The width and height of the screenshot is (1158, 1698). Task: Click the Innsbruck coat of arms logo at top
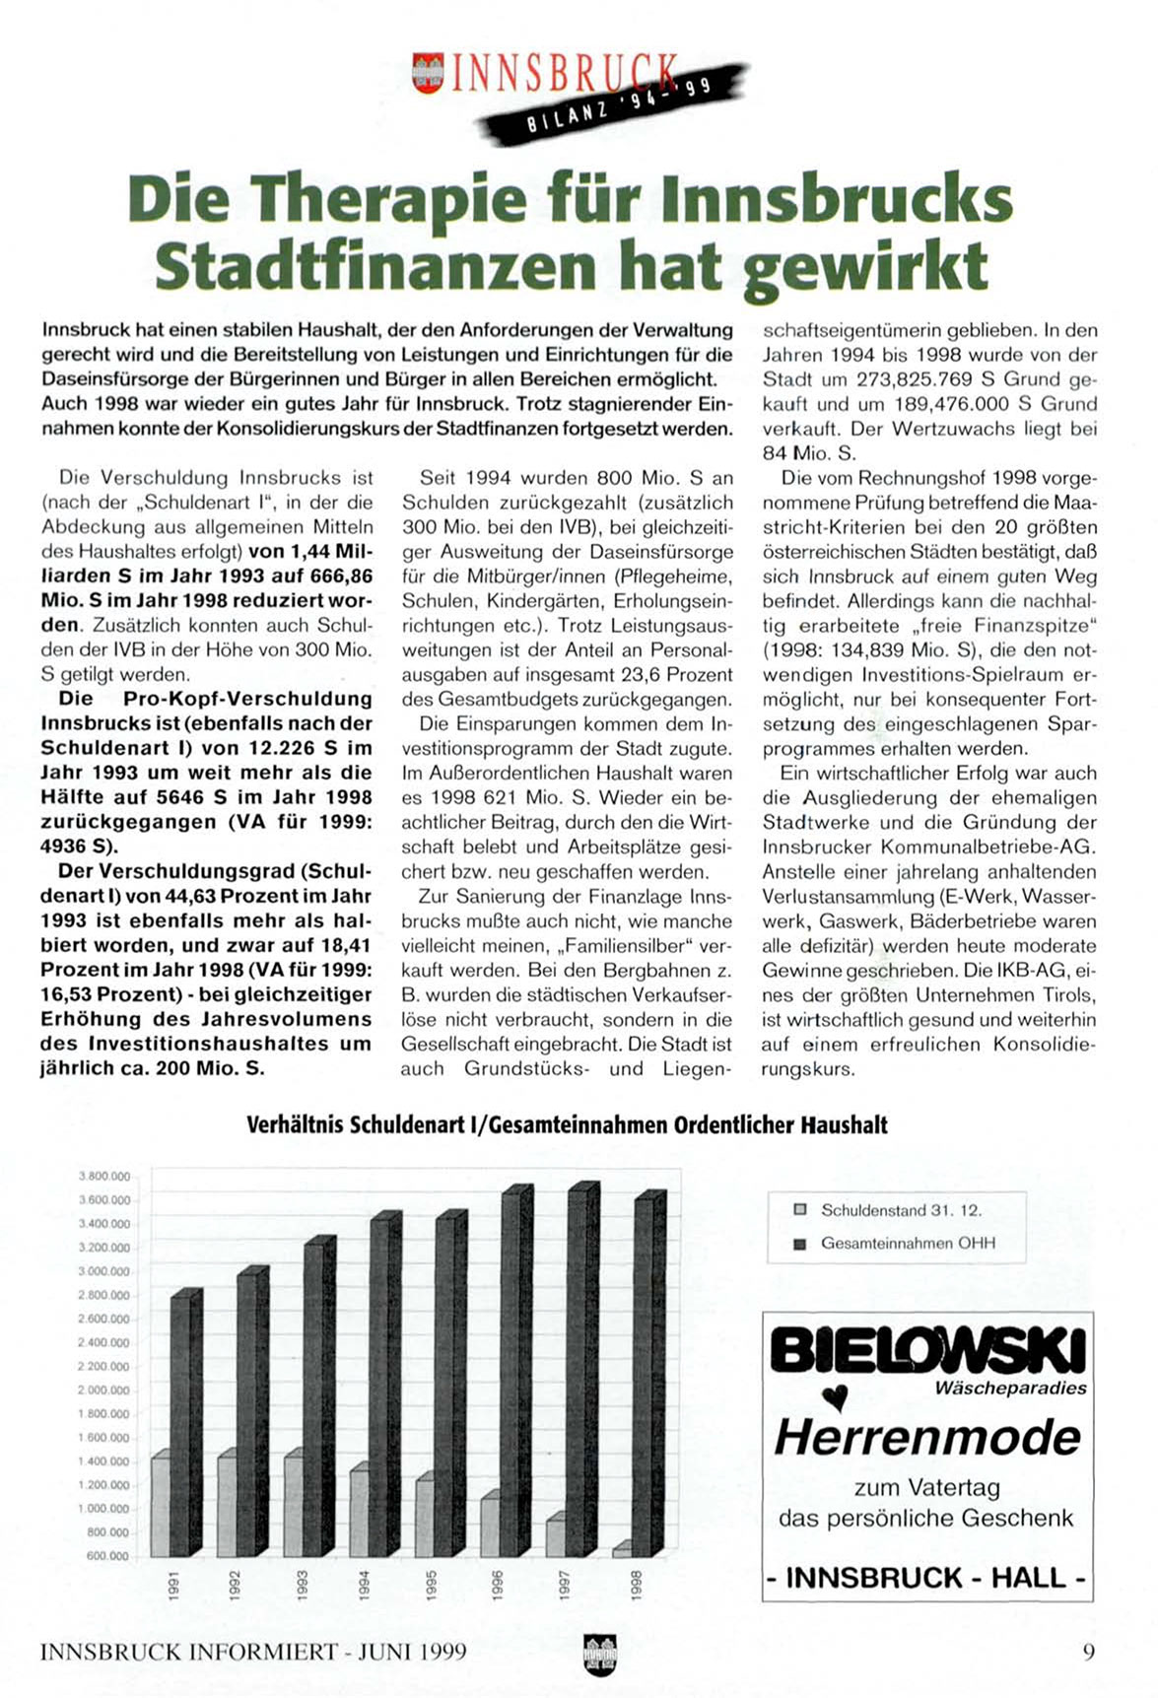[428, 74]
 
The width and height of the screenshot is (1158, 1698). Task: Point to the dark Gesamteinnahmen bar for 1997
[582, 1370]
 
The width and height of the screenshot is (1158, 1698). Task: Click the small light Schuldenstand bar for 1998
[623, 1550]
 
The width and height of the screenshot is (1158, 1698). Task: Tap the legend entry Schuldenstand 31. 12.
[901, 1210]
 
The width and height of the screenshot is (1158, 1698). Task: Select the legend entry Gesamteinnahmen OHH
[907, 1244]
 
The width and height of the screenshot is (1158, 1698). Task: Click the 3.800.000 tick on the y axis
[103, 1177]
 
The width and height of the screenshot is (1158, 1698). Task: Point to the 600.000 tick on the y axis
[106, 1556]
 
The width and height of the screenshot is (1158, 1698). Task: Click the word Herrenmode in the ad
[927, 1437]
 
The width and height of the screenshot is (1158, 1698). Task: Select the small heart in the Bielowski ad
[836, 1395]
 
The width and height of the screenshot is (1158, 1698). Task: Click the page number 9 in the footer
[1089, 1652]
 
